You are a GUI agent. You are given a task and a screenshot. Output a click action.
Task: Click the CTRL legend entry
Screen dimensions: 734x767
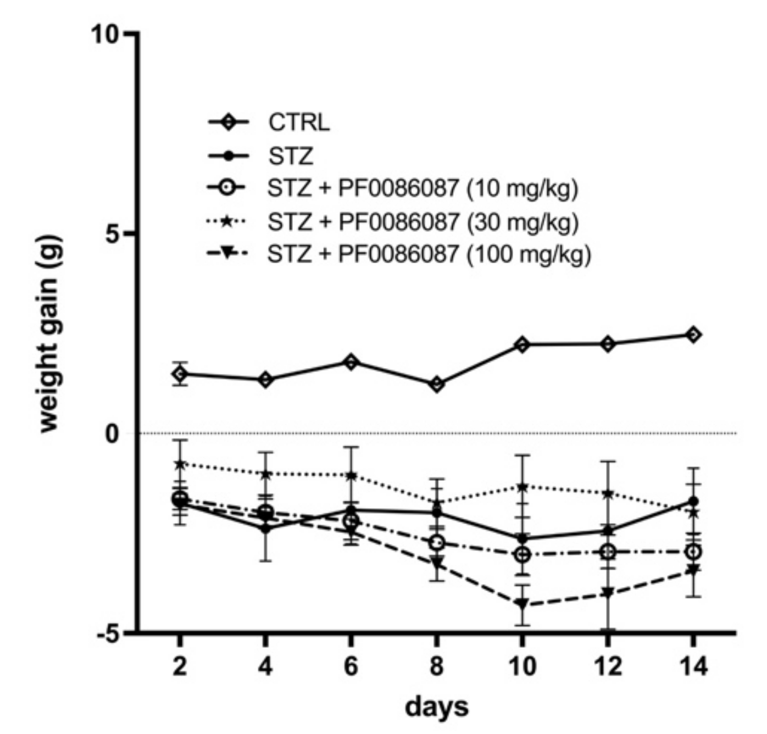(x=299, y=122)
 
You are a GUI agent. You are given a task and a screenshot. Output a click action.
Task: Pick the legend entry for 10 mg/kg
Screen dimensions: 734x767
(x=423, y=188)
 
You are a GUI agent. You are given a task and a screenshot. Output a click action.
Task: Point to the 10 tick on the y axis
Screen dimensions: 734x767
(x=105, y=34)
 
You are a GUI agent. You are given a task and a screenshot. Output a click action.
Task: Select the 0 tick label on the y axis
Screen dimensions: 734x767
(x=113, y=434)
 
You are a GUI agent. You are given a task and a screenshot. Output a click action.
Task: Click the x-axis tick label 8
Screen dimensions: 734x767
(x=436, y=666)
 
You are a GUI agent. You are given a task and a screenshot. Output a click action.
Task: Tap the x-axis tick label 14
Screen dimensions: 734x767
(x=693, y=666)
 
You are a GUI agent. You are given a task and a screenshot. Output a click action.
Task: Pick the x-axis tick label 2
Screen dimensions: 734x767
(x=180, y=666)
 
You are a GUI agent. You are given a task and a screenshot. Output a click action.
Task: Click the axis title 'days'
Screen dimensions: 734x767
(x=437, y=707)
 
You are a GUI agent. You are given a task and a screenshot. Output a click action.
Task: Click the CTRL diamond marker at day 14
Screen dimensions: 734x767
(x=693, y=335)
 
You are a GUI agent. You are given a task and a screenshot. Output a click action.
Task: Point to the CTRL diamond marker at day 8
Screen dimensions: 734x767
(x=437, y=384)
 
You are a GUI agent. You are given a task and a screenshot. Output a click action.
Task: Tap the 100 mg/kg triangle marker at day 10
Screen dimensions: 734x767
(x=522, y=604)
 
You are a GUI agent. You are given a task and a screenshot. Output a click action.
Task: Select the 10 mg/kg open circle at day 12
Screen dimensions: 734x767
(x=608, y=552)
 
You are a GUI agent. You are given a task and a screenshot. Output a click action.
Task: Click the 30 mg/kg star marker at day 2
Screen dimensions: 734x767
(x=180, y=464)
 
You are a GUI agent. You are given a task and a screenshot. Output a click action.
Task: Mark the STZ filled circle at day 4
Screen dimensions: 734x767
(x=265, y=529)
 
